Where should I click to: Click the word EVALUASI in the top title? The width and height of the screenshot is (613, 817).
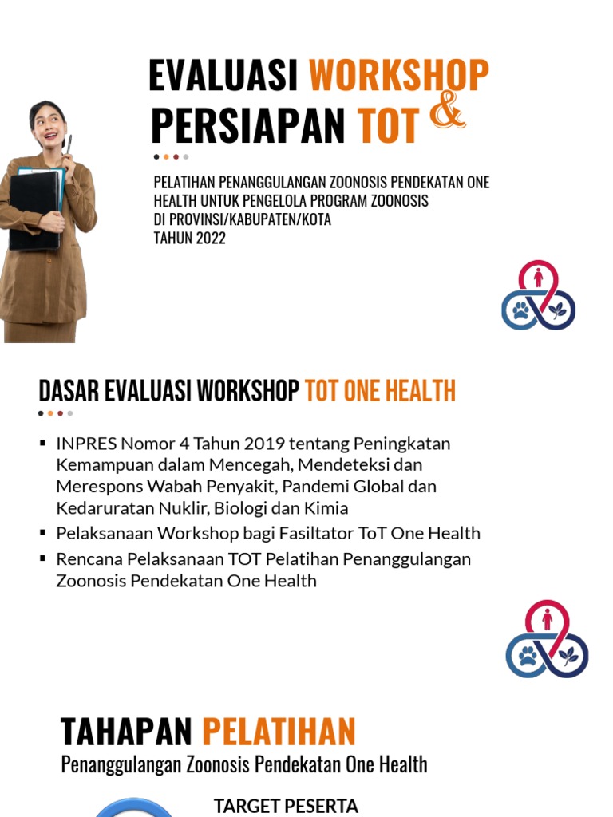click(x=223, y=76)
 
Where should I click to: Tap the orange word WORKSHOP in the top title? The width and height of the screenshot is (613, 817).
click(x=398, y=76)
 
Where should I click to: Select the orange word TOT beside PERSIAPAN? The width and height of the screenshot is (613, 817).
click(x=388, y=126)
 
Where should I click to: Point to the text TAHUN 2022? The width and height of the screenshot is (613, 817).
click(x=190, y=238)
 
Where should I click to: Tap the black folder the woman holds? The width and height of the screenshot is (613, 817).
click(x=34, y=209)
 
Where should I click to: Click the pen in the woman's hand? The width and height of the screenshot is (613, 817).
click(x=69, y=147)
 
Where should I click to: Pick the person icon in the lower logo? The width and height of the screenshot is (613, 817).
click(x=548, y=619)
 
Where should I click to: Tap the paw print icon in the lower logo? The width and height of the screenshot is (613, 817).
click(x=527, y=657)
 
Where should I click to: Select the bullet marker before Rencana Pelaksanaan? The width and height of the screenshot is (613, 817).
click(x=43, y=558)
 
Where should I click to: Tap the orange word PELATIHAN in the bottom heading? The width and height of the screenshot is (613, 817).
click(x=279, y=732)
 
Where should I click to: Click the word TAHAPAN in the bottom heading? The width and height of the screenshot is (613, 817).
click(x=126, y=732)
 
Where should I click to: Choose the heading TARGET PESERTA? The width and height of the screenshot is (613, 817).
click(x=286, y=806)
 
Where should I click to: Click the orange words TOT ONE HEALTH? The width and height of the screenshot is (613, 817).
click(x=380, y=391)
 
